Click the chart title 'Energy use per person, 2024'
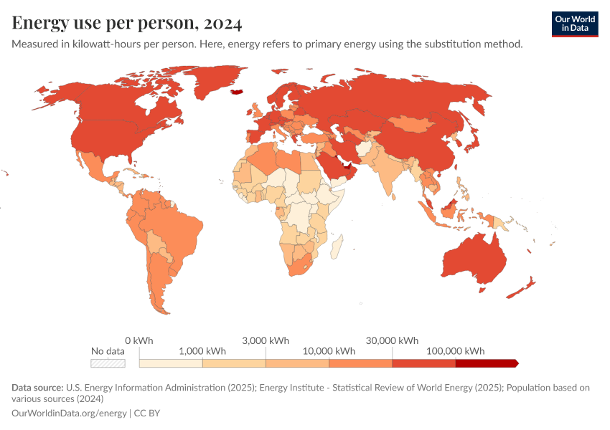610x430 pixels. point(127,23)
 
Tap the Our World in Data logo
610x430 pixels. point(575,24)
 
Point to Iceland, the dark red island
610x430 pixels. point(238,92)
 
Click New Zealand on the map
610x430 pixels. point(522,288)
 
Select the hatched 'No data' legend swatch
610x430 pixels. point(108,363)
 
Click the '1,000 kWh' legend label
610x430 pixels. point(202,351)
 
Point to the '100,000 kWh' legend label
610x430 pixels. point(455,351)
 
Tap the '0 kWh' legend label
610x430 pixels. point(139,340)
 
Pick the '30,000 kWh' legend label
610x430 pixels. point(392,340)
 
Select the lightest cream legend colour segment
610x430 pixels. point(171,363)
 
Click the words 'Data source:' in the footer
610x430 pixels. point(37,388)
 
